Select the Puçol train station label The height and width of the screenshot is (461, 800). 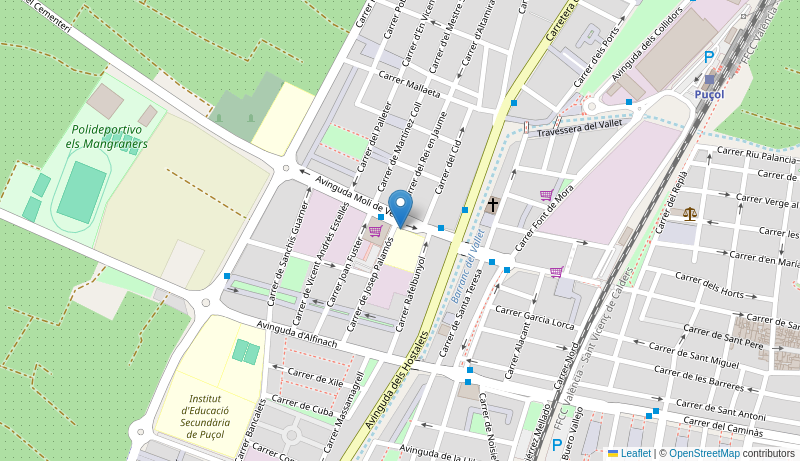tap(709, 93)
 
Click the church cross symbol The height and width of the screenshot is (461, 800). tap(492, 204)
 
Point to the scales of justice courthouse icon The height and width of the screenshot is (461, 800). tap(690, 213)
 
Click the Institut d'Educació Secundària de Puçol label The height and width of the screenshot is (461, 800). tap(207, 410)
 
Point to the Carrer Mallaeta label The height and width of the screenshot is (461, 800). tap(409, 86)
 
